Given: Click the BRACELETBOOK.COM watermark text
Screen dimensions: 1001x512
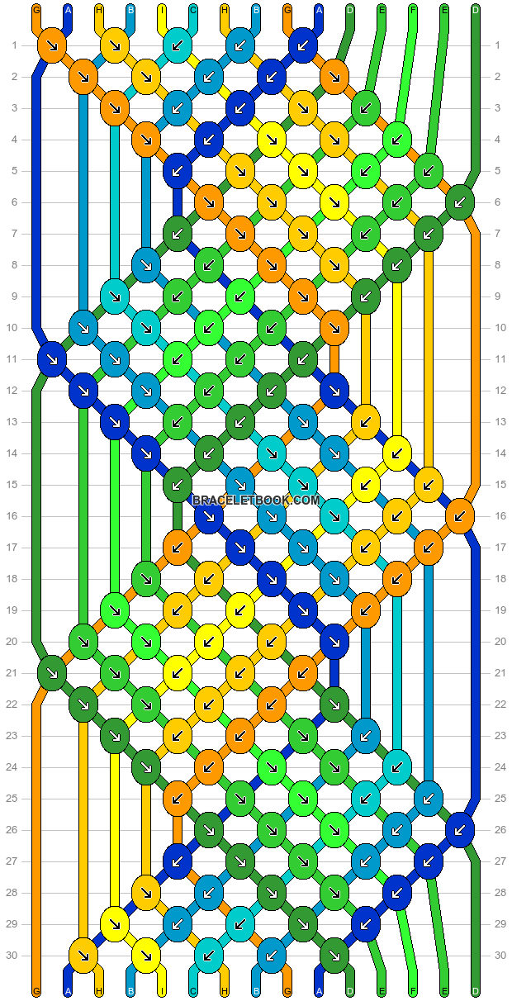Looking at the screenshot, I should (256, 500).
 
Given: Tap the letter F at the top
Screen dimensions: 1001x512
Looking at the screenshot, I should (413, 10).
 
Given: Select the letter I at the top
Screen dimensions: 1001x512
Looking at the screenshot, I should (162, 10).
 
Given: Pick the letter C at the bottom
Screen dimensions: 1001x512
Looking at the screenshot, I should (193, 991).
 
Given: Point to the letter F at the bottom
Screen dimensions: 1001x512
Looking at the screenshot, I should (413, 991).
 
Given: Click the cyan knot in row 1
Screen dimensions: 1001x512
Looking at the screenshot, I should (178, 45).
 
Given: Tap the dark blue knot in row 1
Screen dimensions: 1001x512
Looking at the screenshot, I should (303, 45).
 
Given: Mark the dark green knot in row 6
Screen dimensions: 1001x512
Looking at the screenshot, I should (460, 202).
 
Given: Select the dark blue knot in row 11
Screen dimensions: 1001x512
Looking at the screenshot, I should (52, 359).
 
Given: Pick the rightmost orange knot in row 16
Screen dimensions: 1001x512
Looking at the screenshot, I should (460, 516).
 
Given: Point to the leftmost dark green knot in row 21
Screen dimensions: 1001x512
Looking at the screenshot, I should (52, 673).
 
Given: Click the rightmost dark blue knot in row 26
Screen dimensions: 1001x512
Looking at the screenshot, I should (460, 830).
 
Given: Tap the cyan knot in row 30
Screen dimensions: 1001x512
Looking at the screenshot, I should (209, 956).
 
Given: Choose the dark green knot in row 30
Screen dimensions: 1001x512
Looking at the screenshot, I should (334, 956).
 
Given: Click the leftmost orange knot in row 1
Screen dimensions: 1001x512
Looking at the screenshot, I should (52, 45).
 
